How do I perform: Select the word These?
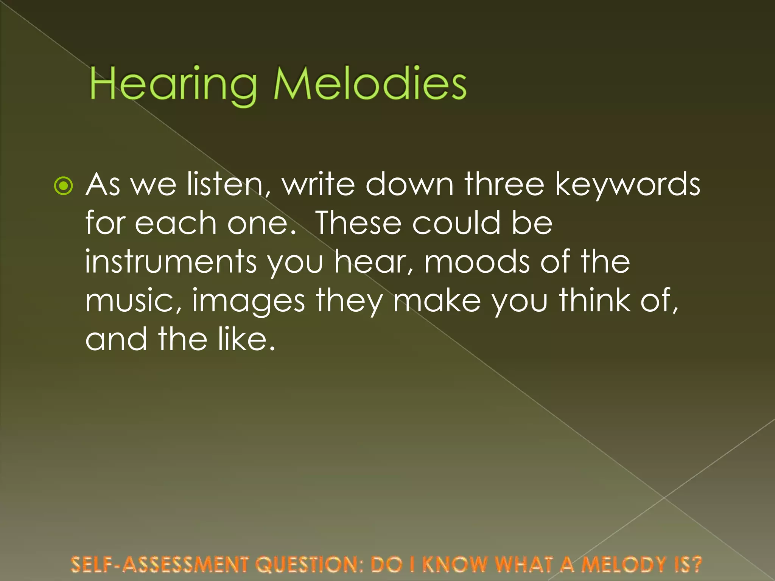pyautogui.click(x=358, y=223)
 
